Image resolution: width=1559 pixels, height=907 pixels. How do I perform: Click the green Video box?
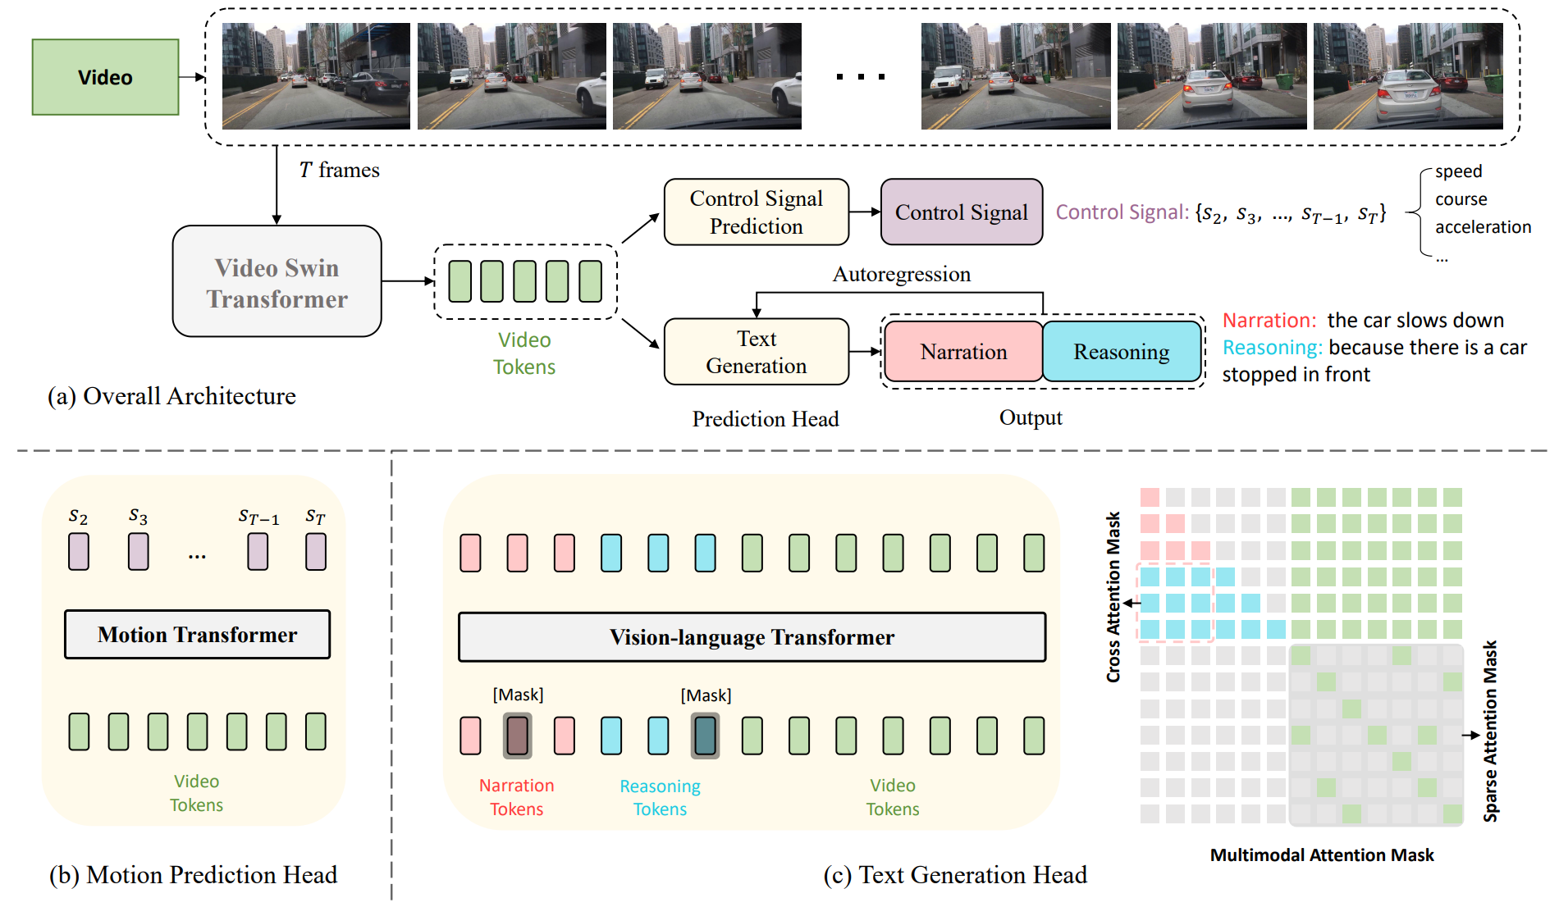pos(105,77)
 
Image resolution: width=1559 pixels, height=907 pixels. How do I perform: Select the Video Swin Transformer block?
pos(277,282)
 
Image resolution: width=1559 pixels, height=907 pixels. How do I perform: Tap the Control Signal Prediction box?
pos(756,212)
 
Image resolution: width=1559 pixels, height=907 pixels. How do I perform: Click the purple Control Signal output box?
pos(961,212)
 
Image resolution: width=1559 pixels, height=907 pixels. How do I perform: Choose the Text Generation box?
pos(756,352)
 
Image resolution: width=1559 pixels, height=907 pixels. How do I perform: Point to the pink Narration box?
pos(963,352)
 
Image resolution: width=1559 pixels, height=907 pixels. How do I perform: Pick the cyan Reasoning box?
pos(1121,352)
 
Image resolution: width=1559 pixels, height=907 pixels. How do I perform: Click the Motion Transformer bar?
pos(197,635)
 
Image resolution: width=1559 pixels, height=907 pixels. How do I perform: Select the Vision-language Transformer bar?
pos(752,637)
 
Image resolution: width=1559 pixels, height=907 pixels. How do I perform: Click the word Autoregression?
pos(901,274)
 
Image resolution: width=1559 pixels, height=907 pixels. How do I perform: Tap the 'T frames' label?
pos(339,170)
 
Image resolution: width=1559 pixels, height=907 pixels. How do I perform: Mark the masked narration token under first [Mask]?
pos(517,736)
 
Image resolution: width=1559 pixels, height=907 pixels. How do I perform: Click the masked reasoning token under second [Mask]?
pos(705,736)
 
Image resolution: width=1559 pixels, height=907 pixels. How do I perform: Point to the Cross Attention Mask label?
pos(1113,597)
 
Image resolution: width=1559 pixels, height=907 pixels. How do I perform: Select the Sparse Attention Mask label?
pos(1490,732)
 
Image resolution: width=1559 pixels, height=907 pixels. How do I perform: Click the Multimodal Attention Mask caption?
pos(1321,855)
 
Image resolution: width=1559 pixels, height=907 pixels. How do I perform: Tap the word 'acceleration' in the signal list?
pos(1483,227)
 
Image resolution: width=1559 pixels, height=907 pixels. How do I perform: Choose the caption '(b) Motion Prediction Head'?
pos(193,875)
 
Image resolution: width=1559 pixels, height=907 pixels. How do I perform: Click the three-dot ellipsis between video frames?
pos(860,77)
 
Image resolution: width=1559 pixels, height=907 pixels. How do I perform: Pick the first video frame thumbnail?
pos(316,76)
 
